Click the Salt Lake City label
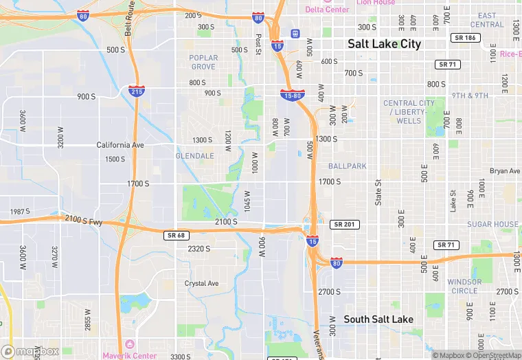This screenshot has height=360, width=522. pos(384,43)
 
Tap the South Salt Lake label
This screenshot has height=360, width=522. pos(378,319)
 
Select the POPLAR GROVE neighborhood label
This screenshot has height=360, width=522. pos(204,63)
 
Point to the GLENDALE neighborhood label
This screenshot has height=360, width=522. pos(196,156)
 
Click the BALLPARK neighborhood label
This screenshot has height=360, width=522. pos(348,166)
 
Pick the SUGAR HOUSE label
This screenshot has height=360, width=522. pos(493,225)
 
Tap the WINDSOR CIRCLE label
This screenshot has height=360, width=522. pos(464,286)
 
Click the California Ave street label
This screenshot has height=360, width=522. pos(120,145)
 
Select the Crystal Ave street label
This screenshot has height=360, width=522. pos(201,283)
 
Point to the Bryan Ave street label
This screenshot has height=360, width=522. pos(505,171)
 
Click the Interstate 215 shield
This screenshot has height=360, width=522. pos(136,91)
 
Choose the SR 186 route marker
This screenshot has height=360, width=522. pos(464,38)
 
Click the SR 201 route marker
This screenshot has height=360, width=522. pos(344,225)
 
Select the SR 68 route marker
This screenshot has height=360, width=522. pos(177,236)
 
